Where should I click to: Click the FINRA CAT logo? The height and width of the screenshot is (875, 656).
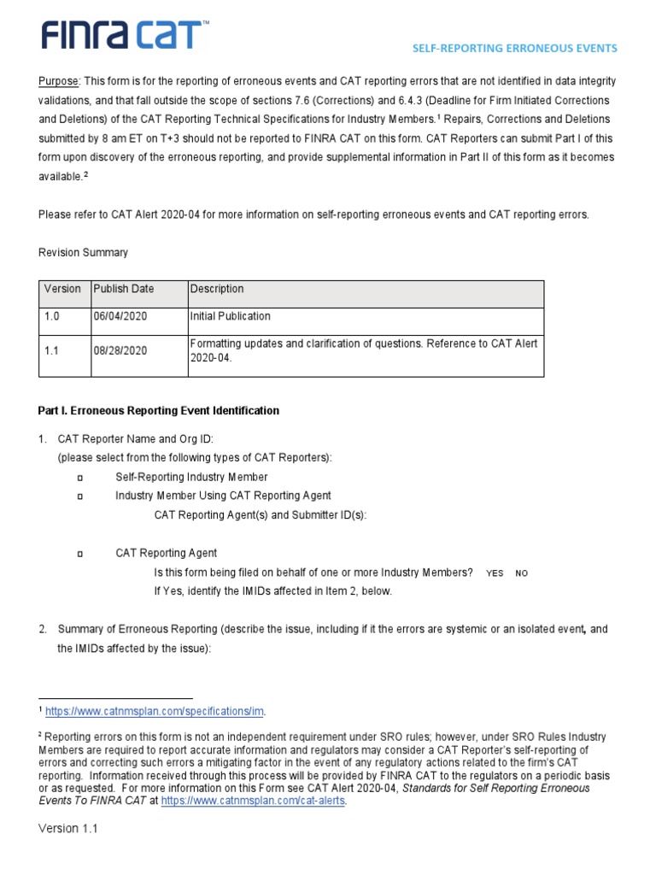coord(121,35)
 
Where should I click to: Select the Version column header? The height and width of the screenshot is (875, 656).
coord(62,289)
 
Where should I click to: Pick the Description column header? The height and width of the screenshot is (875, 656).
coord(217,289)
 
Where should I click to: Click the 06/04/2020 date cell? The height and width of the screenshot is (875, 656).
coord(120,316)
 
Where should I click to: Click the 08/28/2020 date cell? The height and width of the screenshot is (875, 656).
coord(120,349)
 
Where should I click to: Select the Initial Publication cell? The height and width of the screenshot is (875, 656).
coord(231,316)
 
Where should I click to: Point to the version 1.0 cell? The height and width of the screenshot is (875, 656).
coord(52,316)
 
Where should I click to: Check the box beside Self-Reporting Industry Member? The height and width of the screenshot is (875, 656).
coord(80,478)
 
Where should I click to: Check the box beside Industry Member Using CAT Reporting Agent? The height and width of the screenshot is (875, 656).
coord(80,496)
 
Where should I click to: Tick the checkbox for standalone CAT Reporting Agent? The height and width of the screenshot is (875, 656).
coord(80,554)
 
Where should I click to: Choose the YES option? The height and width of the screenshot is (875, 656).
coord(495,573)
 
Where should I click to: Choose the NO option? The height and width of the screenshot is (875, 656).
coord(522,573)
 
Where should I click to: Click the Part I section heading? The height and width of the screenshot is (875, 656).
coord(159,411)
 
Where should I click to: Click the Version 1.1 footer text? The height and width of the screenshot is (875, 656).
coord(68,829)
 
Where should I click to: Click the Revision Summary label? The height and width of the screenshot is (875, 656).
coord(83,253)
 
